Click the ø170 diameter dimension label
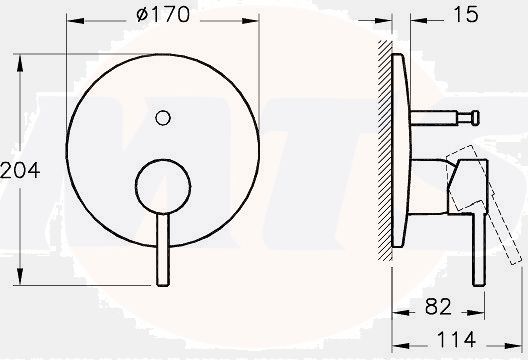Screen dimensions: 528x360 [163, 14]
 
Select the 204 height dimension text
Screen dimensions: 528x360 [20, 170]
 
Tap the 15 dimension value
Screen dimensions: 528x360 [466, 14]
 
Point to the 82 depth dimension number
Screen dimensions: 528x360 [438, 306]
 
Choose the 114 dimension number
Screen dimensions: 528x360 [456, 339]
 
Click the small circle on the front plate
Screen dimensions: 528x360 [163, 118]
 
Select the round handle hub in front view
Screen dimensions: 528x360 [163, 186]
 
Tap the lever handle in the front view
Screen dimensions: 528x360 [163, 250]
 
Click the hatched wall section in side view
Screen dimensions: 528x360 [385, 150]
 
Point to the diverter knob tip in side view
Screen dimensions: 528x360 [475, 118]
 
